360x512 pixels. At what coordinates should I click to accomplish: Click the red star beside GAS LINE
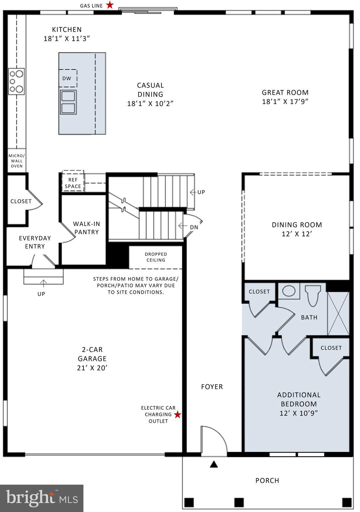pos(110,5)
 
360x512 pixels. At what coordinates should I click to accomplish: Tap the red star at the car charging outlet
pos(178,414)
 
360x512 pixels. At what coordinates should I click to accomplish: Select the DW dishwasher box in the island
pos(67,78)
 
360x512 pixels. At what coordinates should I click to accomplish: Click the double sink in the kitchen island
pos(68,102)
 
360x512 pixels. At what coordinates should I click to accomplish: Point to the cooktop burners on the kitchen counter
pos(16,81)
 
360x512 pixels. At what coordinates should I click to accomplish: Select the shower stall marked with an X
pos(338,314)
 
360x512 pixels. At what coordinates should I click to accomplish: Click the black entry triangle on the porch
pos(214,464)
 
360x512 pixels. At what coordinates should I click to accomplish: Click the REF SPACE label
pos(73,183)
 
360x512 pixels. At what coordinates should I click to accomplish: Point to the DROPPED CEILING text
pos(156,257)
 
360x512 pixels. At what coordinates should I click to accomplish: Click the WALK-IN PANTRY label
pos(86,228)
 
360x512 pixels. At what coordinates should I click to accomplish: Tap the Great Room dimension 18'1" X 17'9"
pos(285,102)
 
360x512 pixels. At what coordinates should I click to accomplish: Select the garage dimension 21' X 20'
pos(92,368)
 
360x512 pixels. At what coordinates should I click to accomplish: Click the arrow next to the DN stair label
pos(183,226)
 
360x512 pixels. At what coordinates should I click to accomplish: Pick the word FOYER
pos(212,387)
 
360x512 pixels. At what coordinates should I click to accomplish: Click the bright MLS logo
pos(42,498)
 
